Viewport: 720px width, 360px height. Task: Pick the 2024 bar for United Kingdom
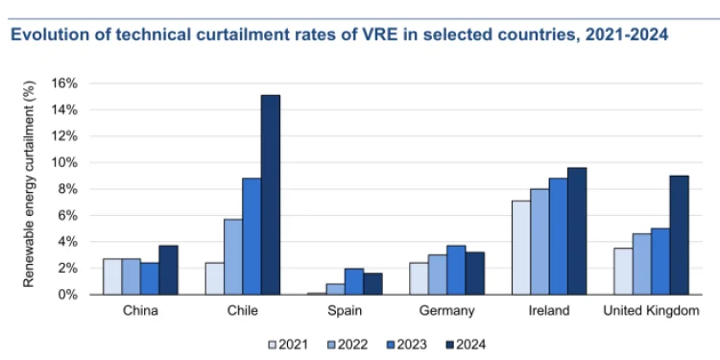click(x=680, y=235)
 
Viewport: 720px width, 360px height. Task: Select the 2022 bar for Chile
click(x=232, y=256)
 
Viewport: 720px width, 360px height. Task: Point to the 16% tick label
click(x=64, y=83)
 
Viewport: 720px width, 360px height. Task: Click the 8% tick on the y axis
click(x=68, y=188)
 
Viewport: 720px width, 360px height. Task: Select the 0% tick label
click(x=68, y=295)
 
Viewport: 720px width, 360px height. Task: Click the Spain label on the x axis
click(x=345, y=311)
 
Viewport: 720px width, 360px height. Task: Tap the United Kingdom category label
click(x=651, y=311)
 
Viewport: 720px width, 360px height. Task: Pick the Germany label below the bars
click(x=446, y=311)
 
